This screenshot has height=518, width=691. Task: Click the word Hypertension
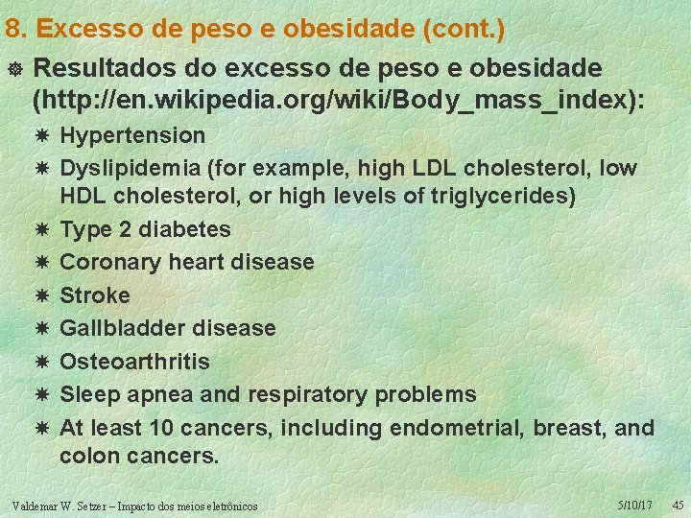(132, 135)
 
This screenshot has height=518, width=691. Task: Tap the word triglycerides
(499, 197)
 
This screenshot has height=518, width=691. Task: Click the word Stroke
(94, 295)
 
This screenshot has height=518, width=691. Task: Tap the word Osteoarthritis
(134, 362)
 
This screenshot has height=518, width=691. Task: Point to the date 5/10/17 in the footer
(635, 504)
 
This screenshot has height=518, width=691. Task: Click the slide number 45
(677, 504)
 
